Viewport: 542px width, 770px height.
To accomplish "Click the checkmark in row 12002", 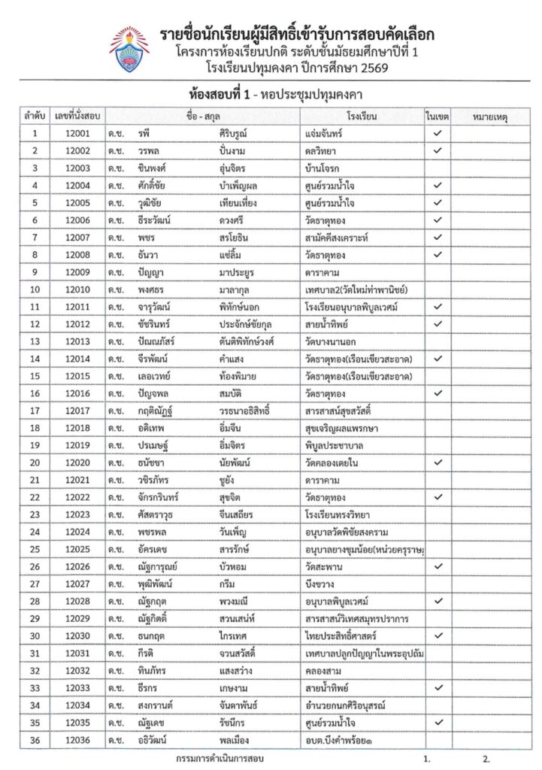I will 437,150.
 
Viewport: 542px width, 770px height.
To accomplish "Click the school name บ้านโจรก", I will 324,168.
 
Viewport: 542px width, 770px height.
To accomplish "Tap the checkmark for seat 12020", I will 437,462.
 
